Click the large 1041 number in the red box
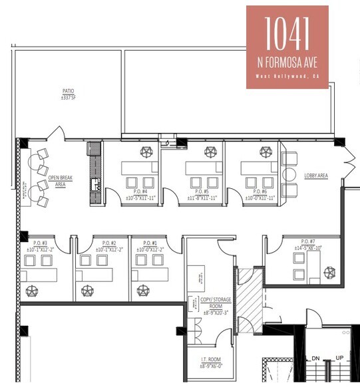[x=287, y=32]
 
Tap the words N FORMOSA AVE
[x=287, y=62]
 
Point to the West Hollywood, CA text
[x=287, y=76]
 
